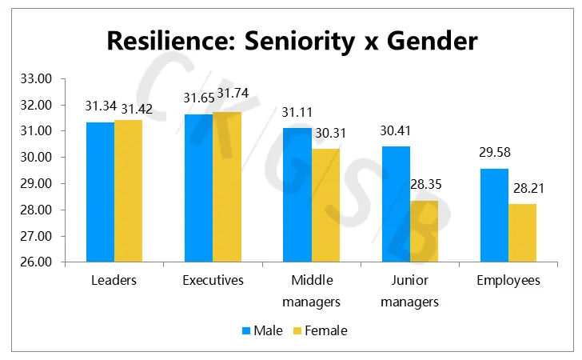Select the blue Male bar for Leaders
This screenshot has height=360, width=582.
point(100,192)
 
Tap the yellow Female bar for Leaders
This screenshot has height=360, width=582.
point(128,191)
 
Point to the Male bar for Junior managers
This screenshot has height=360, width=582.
point(397,204)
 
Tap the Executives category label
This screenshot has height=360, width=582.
point(213,281)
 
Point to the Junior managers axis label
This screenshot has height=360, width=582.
point(410,291)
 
